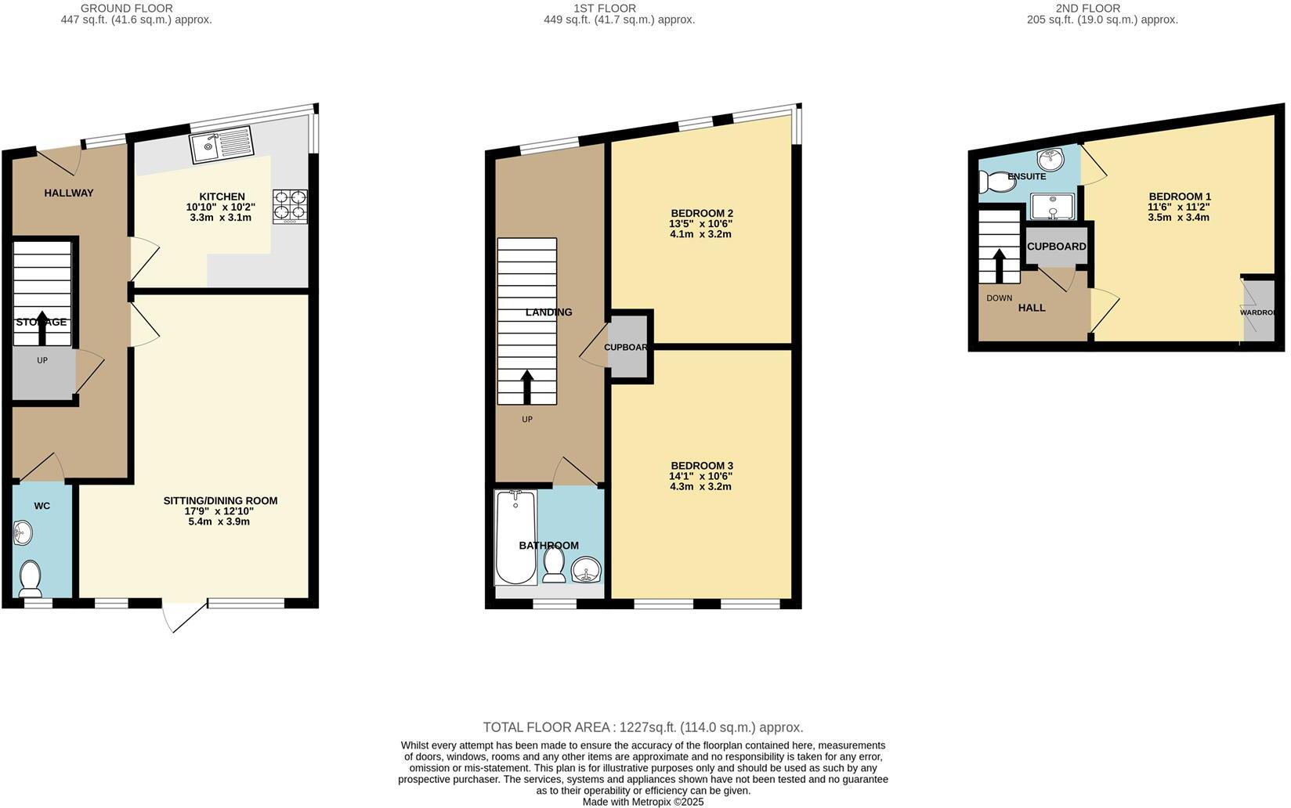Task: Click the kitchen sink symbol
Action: pyautogui.click(x=221, y=145)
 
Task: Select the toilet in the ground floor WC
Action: pyautogui.click(x=30, y=578)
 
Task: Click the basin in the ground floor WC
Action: pyautogui.click(x=24, y=534)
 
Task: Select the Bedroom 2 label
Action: pyautogui.click(x=702, y=213)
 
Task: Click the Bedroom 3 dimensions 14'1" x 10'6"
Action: pyautogui.click(x=701, y=476)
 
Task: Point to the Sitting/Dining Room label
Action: pyautogui.click(x=220, y=500)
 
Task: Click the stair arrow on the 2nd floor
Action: pyautogui.click(x=999, y=266)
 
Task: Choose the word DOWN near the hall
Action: pyautogui.click(x=999, y=298)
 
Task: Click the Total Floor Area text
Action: pyautogui.click(x=642, y=727)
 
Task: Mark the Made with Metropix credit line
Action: pyautogui.click(x=642, y=802)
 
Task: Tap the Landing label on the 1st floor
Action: pyautogui.click(x=548, y=312)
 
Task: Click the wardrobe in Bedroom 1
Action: pyautogui.click(x=1258, y=311)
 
